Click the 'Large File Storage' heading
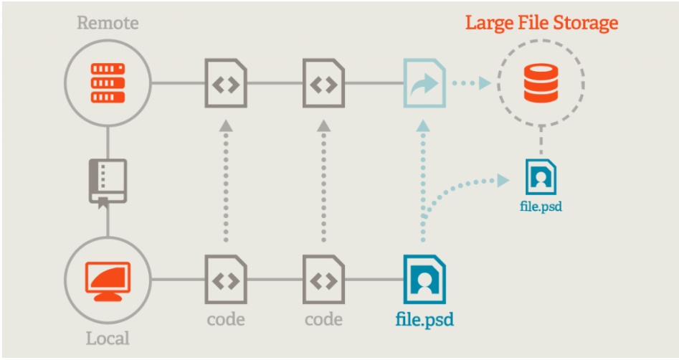click(x=541, y=23)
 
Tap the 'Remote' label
click(x=107, y=23)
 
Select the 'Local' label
click(x=108, y=338)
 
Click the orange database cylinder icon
click(x=541, y=84)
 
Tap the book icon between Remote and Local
click(x=107, y=181)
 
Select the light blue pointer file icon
click(x=424, y=84)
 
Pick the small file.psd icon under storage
click(x=541, y=176)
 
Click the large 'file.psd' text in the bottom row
click(x=424, y=318)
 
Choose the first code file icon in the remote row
click(x=226, y=84)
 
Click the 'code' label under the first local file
click(x=226, y=318)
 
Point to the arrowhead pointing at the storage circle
click(x=485, y=84)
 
